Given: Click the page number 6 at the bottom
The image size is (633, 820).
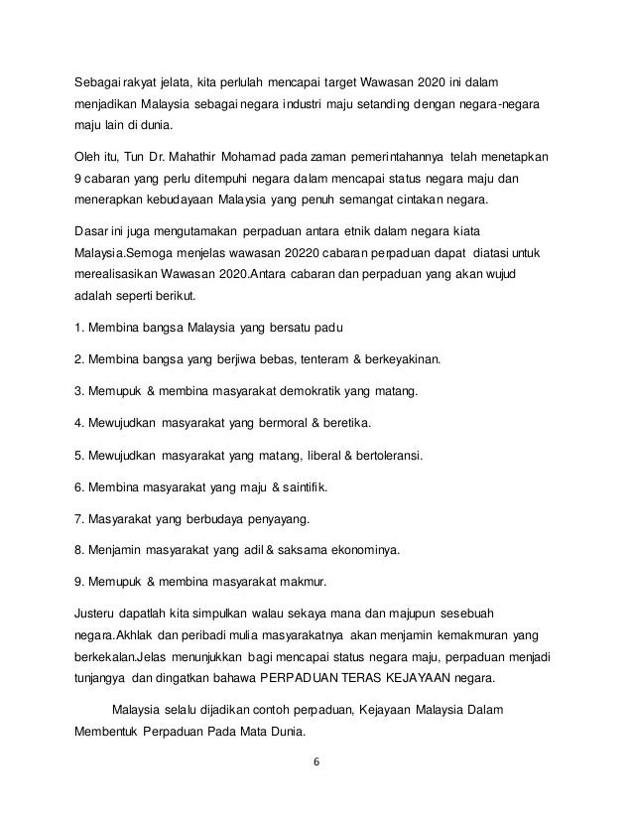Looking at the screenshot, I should pos(316,763).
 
